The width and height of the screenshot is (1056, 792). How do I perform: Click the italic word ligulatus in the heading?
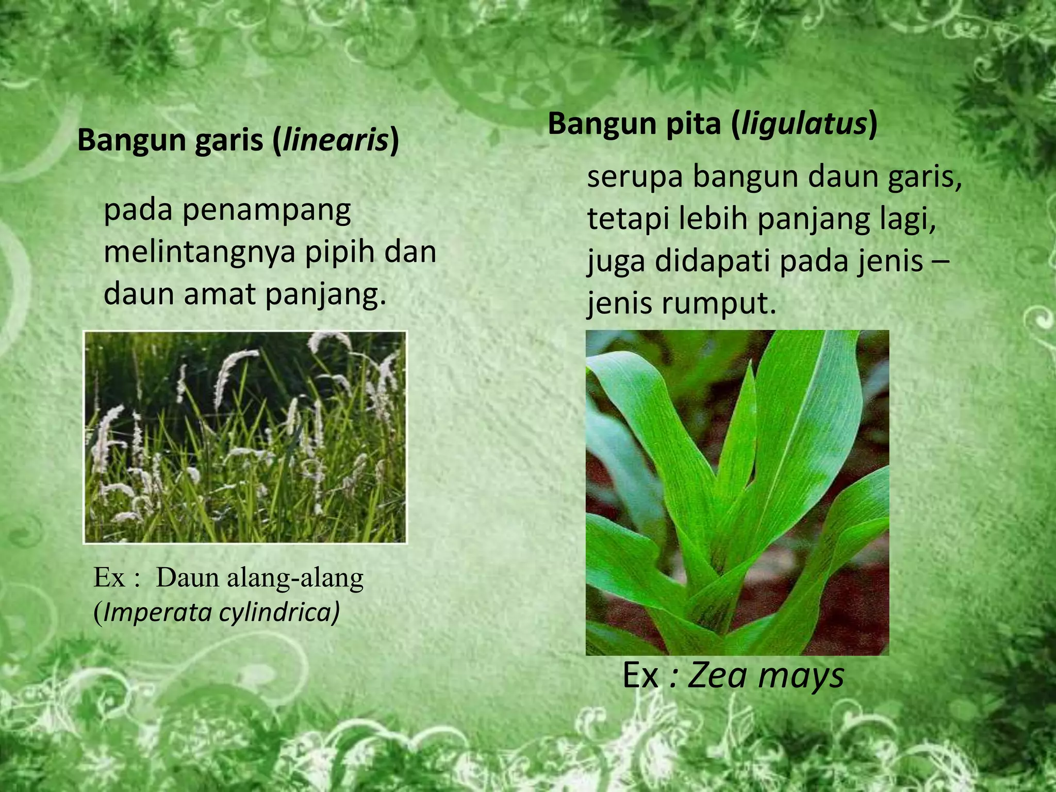(x=803, y=124)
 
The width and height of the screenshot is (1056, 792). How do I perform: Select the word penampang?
(x=266, y=211)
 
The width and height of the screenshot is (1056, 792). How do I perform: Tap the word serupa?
(x=635, y=177)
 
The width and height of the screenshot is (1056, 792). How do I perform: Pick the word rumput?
(x=719, y=304)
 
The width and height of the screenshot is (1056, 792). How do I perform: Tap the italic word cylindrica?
(x=279, y=612)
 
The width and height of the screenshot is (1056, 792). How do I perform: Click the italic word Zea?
(x=714, y=675)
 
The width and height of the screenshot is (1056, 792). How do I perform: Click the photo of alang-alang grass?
(x=245, y=437)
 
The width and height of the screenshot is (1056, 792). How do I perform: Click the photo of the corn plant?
(x=737, y=492)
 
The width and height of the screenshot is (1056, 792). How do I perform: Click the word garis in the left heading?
(x=229, y=140)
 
